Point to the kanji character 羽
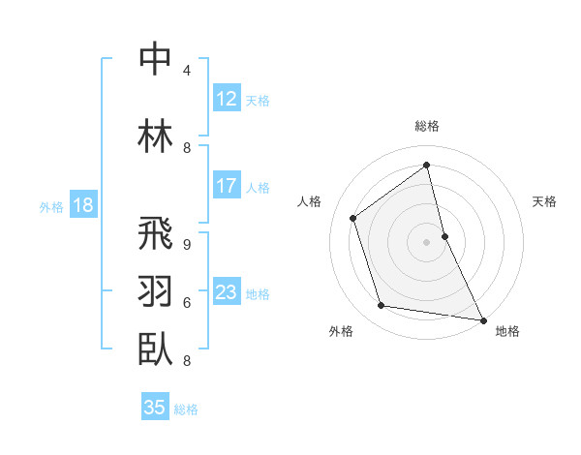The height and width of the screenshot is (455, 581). (x=155, y=290)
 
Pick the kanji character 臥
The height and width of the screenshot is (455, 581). (x=155, y=348)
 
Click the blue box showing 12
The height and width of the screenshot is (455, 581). (x=227, y=100)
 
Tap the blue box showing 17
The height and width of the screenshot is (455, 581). (x=227, y=186)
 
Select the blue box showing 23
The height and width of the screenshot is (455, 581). (x=227, y=292)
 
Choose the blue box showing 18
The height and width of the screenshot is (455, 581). (x=82, y=205)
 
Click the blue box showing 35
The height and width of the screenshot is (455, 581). (x=155, y=408)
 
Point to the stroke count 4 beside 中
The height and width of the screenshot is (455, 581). (x=187, y=71)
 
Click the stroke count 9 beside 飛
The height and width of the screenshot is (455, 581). (x=187, y=244)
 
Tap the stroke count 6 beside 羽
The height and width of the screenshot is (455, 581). (x=187, y=302)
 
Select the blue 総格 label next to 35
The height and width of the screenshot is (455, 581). (x=186, y=409)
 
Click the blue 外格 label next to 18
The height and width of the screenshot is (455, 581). (x=51, y=206)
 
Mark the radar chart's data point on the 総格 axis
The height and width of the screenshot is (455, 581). (x=426, y=165)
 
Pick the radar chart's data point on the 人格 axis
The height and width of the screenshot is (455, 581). (x=353, y=218)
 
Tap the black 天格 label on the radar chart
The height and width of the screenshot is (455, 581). (x=544, y=201)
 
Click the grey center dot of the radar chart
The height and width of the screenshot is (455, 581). (x=426, y=241)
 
